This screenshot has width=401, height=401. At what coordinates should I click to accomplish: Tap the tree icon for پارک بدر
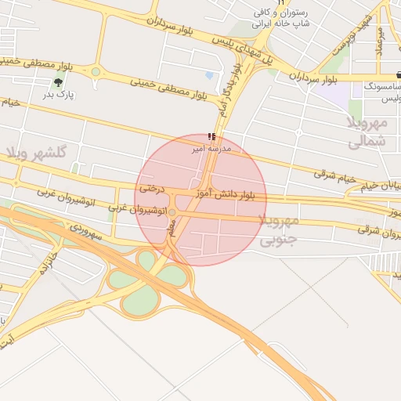coord(57,81)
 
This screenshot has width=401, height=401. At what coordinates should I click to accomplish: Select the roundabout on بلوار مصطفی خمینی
coord(96,72)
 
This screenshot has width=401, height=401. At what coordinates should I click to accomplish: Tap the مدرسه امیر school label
coord(209,146)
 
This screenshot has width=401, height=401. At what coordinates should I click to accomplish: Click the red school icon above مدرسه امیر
coord(211,136)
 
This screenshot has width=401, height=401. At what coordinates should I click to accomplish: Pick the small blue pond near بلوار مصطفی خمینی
coord(209,76)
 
